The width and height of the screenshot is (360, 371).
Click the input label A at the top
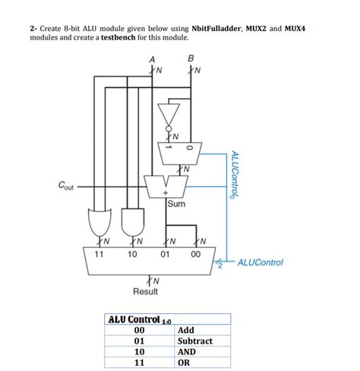pos(152,59)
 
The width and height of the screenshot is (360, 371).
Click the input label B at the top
pos(191,59)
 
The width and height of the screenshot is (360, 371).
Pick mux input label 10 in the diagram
pos(131,254)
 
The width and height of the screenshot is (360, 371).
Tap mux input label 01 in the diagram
pos(165,254)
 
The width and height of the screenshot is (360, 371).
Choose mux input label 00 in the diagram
pos(197,254)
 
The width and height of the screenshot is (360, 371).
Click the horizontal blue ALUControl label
pos(260,263)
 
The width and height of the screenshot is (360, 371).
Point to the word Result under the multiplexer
pos(145,293)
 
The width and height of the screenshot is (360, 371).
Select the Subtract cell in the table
pos(194,341)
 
